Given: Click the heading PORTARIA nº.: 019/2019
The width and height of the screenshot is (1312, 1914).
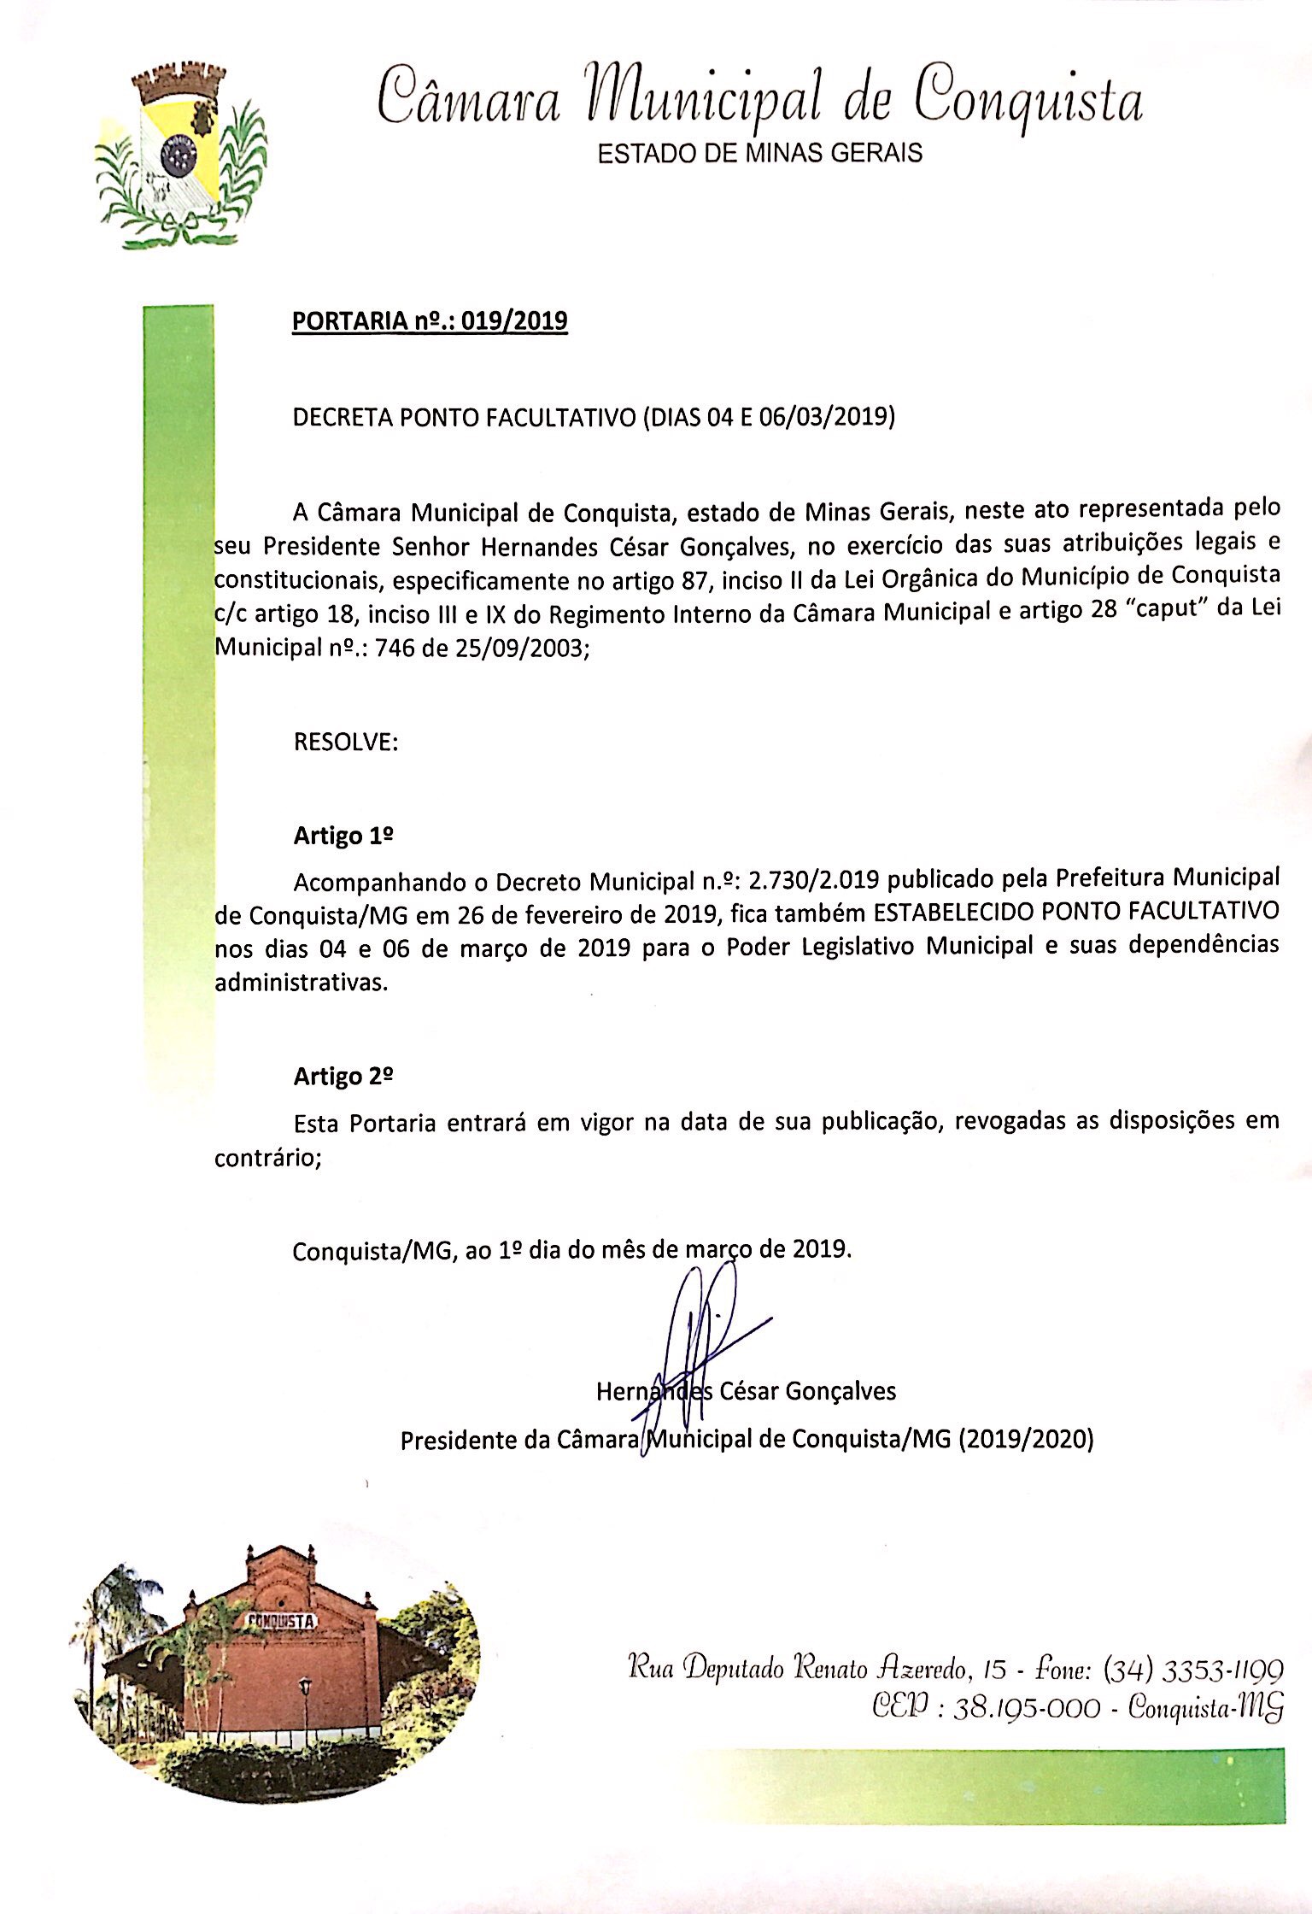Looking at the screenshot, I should click(430, 321).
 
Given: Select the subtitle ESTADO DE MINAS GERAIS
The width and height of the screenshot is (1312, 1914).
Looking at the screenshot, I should click(759, 153).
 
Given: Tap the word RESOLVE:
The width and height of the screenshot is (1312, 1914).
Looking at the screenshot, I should click(345, 742).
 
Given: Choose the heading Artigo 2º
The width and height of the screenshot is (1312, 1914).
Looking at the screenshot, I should click(343, 1076).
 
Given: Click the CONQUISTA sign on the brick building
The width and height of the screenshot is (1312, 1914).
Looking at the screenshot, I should click(282, 1621).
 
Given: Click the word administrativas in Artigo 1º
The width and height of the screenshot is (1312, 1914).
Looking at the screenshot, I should click(301, 983).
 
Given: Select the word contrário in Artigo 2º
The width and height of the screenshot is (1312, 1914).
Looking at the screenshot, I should click(267, 1159).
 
